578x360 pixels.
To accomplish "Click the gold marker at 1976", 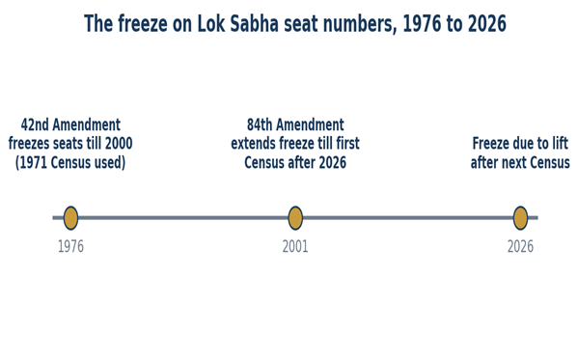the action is tap(70, 218).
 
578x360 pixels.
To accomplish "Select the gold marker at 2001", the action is tap(295, 218).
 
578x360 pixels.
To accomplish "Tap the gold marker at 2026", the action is tap(520, 218).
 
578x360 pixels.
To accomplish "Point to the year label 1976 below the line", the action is tap(70, 246).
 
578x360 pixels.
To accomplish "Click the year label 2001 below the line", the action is tap(295, 246).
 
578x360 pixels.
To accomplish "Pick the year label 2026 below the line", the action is tap(520, 246).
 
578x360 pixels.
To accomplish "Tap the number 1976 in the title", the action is tap(422, 23).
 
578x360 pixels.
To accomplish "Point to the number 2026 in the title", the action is tap(487, 23).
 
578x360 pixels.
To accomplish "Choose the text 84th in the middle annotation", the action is tap(260, 125).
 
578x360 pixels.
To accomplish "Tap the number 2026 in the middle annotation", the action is tap(333, 163).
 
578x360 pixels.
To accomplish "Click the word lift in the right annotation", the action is tap(560, 144).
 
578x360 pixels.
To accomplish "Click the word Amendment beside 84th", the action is tap(310, 125).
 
